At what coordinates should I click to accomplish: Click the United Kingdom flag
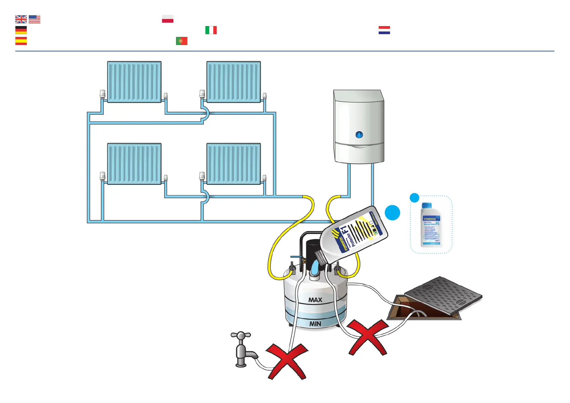point(21,19)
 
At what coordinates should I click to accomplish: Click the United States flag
point(35,19)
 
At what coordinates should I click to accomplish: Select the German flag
point(21,30)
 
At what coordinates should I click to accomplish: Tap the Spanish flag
point(21,41)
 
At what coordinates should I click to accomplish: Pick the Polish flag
point(168,19)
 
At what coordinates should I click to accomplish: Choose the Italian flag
point(211,30)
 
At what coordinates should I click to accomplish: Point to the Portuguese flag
point(181,41)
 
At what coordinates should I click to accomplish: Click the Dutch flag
point(384,30)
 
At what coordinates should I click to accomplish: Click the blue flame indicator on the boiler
point(359,135)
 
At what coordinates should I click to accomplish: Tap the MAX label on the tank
point(315,300)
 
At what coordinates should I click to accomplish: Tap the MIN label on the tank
point(315,324)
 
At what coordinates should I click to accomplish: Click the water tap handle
point(241,335)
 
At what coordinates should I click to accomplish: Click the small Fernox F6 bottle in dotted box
point(431,225)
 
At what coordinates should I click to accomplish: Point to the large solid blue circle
point(392,212)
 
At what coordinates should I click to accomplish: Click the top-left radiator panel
point(134,82)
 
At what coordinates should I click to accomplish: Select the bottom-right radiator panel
point(234,164)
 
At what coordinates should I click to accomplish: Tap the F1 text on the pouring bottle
point(345,232)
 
